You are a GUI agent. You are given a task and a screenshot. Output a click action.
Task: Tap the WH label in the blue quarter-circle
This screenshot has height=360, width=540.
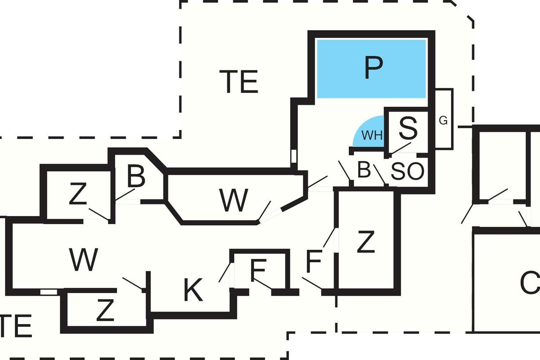[372, 135]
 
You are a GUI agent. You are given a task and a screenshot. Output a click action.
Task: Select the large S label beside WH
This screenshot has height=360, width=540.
[408, 128]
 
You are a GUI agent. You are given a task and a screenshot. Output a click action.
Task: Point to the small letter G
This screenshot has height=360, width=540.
[443, 121]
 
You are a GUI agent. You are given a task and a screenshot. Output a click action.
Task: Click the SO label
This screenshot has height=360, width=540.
[408, 171]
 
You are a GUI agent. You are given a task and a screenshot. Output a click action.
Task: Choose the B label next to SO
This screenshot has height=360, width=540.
[364, 171]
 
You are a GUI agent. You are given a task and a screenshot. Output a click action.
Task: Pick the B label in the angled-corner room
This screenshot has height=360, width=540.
[136, 177]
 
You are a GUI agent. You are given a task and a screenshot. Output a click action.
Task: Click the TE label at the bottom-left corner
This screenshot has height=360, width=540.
[16, 327]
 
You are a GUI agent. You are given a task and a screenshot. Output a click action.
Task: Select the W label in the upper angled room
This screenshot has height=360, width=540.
[234, 201]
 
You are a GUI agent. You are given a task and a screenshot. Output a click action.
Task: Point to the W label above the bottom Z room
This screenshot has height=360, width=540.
[84, 260]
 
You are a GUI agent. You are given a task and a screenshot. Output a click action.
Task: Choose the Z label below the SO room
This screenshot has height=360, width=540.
[365, 243]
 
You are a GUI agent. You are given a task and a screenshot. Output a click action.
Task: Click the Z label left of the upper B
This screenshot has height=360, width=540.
[78, 195]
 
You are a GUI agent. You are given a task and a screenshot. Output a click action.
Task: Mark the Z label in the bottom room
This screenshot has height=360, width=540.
[105, 311]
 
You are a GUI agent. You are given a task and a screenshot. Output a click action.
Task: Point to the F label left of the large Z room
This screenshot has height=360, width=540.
[314, 262]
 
